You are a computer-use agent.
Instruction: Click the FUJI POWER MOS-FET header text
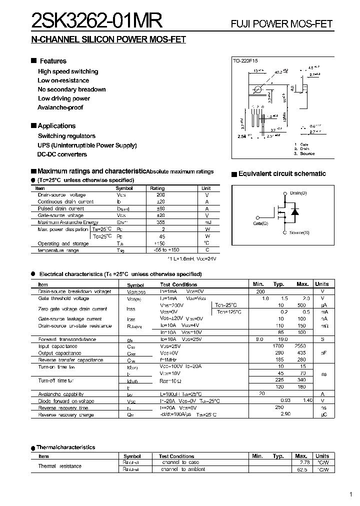[281, 24]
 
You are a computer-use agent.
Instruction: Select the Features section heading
[53, 61]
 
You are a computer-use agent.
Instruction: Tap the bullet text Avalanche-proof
[60, 107]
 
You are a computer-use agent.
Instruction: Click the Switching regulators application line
[66, 136]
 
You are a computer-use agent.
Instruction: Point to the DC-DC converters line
[62, 154]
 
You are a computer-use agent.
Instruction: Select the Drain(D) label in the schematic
[298, 193]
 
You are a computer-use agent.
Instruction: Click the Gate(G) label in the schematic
[260, 223]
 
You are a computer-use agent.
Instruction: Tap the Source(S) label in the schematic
[299, 233]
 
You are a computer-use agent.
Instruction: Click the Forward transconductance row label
[67, 339]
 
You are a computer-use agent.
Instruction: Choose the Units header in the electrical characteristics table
[322, 284]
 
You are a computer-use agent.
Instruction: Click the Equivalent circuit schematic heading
[282, 174]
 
